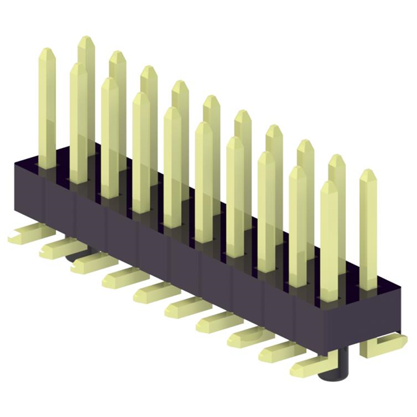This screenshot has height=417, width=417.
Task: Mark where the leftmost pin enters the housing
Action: coord(46,167)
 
